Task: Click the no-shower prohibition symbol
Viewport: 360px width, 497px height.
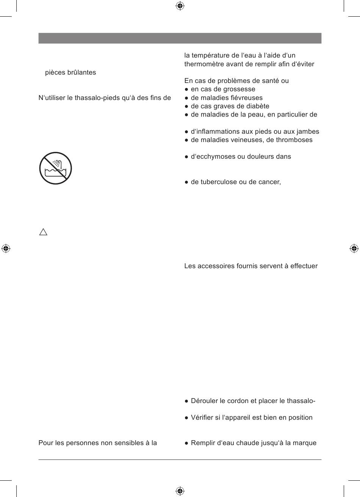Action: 55,168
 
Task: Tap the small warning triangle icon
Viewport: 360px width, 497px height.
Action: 43,232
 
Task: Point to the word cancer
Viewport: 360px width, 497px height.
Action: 269,182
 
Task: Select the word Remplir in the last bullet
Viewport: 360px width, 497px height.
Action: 203,443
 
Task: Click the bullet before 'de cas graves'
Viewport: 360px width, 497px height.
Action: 186,106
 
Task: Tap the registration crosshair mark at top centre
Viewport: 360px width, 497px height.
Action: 180,6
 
